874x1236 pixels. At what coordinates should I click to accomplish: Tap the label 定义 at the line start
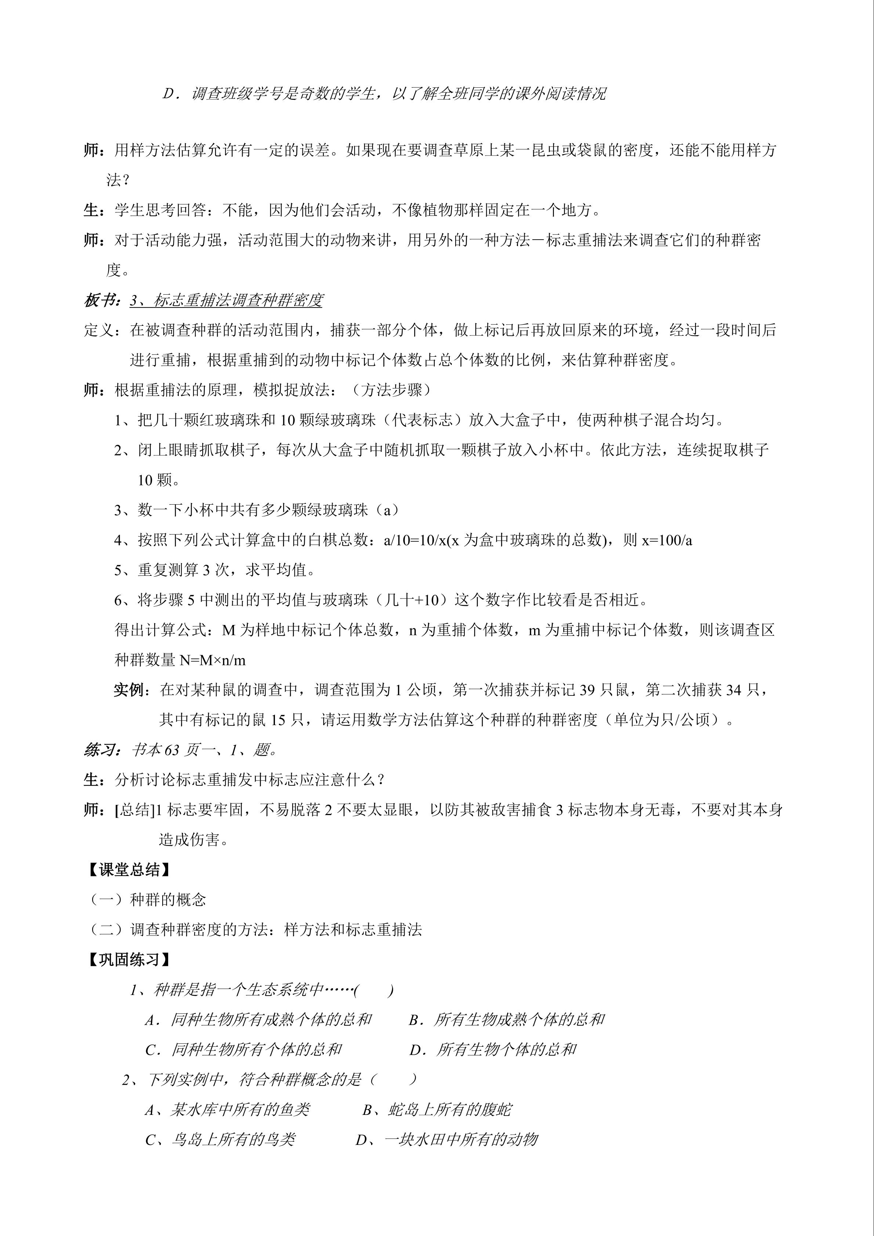click(99, 330)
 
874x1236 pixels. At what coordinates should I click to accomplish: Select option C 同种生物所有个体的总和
click(243, 1049)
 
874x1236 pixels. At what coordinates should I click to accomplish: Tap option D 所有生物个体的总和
click(493, 1049)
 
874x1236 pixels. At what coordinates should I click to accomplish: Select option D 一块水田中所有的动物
click(447, 1139)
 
